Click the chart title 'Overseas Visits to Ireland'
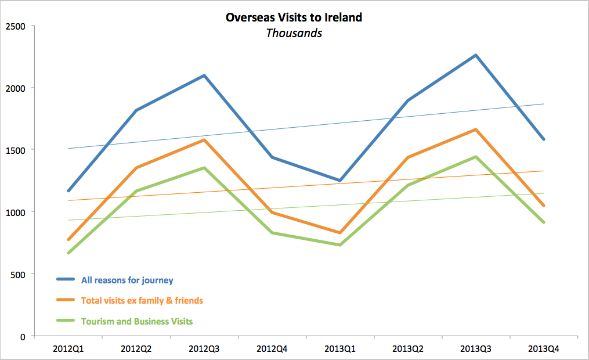(294, 17)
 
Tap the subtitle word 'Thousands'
(294, 33)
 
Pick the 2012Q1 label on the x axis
(68, 348)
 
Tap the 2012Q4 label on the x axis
(272, 348)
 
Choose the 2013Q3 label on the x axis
(476, 348)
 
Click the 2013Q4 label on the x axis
(544, 348)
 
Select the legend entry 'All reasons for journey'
(127, 280)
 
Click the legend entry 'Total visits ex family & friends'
(142, 301)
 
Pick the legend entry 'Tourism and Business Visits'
(137, 321)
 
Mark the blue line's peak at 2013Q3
(476, 55)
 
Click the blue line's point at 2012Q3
(204, 75)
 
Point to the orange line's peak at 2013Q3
(476, 129)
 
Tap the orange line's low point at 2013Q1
(340, 233)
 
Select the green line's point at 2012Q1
(68, 253)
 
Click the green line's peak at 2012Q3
(204, 168)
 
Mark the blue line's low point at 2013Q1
(340, 181)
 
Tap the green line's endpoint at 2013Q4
(544, 222)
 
